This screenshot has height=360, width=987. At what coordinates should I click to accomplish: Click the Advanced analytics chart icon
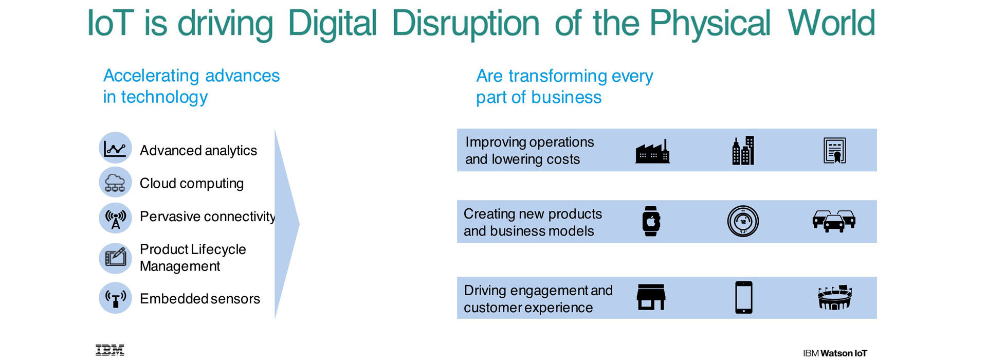coord(115,148)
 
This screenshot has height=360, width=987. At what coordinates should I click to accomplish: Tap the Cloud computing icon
coord(115,182)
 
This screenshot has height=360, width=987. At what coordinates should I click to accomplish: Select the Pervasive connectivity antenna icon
coord(115,218)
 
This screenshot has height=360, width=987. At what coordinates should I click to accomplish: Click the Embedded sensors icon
coord(115,298)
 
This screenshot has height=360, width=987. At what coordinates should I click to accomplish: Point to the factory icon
coord(652,151)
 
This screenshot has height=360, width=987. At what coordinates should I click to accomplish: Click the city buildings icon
coord(743,151)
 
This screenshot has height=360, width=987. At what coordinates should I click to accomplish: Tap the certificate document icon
coord(834,151)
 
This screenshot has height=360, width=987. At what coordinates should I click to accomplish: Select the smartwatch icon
coord(651,221)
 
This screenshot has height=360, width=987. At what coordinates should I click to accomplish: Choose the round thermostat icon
coord(743,221)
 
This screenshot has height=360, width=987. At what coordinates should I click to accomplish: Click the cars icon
coord(834,221)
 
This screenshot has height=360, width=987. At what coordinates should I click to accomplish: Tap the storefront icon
coord(651,297)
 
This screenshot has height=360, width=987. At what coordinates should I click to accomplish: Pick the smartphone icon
coord(744,297)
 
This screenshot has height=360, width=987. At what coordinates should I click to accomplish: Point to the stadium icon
coord(835,297)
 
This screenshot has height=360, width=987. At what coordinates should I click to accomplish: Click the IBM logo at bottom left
coord(110,350)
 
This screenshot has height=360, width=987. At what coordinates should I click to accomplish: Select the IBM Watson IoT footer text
coord(835,353)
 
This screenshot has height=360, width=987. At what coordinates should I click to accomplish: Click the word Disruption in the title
coord(466,24)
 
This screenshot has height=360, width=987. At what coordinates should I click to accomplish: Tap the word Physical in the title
coord(710,24)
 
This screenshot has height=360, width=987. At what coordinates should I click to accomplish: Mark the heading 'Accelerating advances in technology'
coord(191,86)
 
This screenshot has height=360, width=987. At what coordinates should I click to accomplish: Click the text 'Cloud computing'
coord(192,184)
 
